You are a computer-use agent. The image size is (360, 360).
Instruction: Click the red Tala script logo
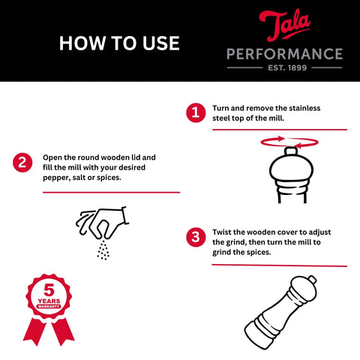point(285,25)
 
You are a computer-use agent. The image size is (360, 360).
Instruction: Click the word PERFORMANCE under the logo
point(284,54)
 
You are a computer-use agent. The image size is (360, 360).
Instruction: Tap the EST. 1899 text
point(287,67)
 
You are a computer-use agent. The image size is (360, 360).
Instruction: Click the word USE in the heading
point(161,43)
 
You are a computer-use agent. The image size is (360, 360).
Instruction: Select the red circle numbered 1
point(196,112)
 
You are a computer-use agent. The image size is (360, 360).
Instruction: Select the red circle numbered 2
point(22,163)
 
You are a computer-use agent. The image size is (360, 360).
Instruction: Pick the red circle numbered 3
point(196,237)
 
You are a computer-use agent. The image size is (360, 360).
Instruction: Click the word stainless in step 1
point(304,108)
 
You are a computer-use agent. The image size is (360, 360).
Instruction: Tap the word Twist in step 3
point(222,232)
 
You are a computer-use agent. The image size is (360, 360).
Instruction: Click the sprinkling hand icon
point(103,223)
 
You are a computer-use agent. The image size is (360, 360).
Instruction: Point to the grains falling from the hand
point(103,250)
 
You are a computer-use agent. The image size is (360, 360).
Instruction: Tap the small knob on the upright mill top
point(291,151)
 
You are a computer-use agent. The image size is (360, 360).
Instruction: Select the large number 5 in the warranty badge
point(49,290)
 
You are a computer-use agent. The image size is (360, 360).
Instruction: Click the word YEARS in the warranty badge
point(49,301)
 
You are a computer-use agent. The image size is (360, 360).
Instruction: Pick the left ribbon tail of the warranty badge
point(34,331)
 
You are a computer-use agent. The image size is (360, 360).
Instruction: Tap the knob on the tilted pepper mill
point(312,279)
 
